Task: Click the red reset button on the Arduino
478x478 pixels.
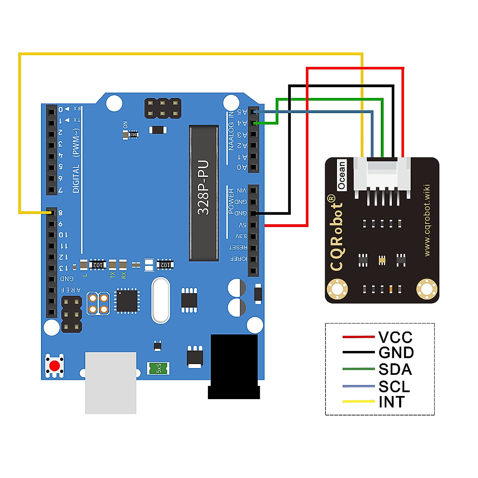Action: coord(55,366)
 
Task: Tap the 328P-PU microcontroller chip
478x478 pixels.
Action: coord(204,193)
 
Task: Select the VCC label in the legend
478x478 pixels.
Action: coord(395,337)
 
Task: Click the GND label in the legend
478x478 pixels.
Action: coord(396,353)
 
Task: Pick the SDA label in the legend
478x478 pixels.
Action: coord(395,369)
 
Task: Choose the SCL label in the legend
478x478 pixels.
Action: coord(394,386)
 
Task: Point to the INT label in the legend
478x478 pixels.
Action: coord(392,402)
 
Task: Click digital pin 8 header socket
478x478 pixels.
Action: coord(51,213)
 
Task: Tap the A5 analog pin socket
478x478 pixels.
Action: coord(253,112)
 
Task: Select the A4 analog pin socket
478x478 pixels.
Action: coord(253,123)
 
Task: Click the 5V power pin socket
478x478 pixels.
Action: coord(253,225)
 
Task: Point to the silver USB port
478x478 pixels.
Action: coord(111,382)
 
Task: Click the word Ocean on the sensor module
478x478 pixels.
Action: coord(341,175)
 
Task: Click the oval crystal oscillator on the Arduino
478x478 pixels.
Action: coord(161,300)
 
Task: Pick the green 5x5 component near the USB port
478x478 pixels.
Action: coord(159,368)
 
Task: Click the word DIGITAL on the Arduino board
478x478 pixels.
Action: coord(76,178)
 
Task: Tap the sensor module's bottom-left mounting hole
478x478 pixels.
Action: coord(337,289)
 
